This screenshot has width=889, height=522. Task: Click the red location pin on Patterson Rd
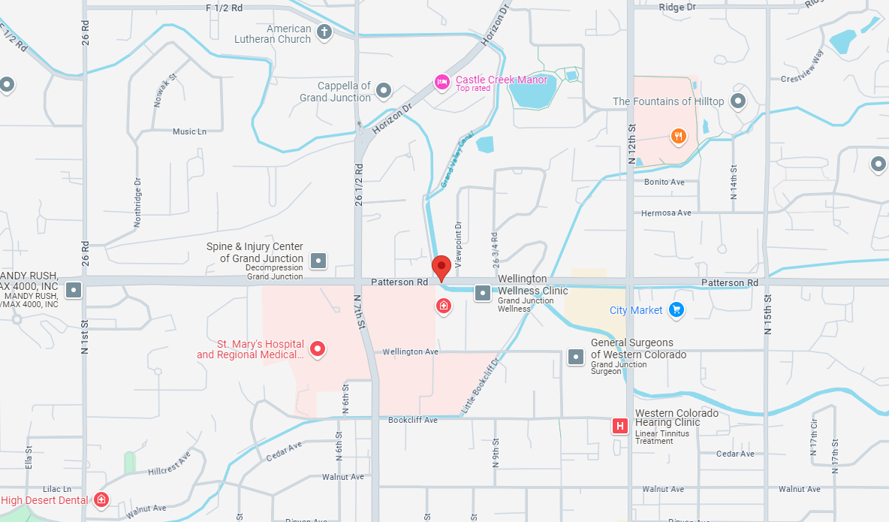pyautogui.click(x=441, y=267)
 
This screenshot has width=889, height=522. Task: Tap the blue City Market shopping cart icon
pyautogui.click(x=676, y=309)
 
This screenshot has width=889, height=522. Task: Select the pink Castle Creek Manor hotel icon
pyautogui.click(x=442, y=82)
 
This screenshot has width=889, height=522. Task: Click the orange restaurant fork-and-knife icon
pyautogui.click(x=678, y=136)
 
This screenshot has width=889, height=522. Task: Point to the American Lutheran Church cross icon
pyautogui.click(x=324, y=32)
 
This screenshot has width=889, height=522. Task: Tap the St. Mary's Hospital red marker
pyautogui.click(x=318, y=349)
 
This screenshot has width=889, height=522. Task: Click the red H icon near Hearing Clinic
pyautogui.click(x=620, y=427)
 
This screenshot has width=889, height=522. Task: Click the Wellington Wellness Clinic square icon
pyautogui.click(x=483, y=293)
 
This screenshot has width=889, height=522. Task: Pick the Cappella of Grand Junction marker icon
pyautogui.click(x=384, y=91)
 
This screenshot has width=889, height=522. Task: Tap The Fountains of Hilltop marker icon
pyautogui.click(x=738, y=101)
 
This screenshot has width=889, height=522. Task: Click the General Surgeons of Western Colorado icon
pyautogui.click(x=576, y=357)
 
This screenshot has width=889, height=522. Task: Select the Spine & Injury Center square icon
pyautogui.click(x=319, y=261)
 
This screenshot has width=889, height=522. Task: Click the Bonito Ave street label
pyautogui.click(x=664, y=183)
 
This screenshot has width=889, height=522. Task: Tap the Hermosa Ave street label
pyautogui.click(x=665, y=213)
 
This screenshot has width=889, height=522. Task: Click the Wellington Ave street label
pyautogui.click(x=410, y=352)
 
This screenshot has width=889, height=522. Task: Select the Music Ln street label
pyautogui.click(x=189, y=132)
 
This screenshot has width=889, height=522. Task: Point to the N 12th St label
pyautogui.click(x=631, y=146)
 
